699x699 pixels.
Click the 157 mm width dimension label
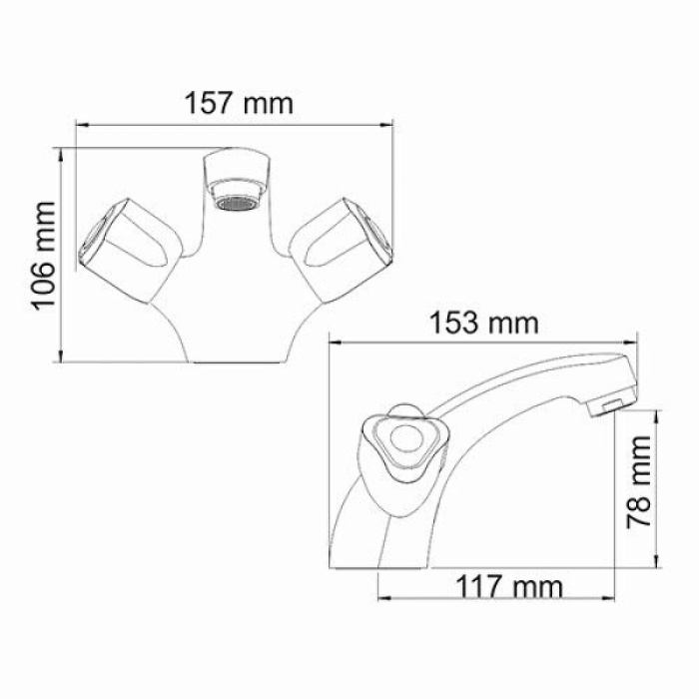tap(239, 101)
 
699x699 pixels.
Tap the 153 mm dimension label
tap(483, 323)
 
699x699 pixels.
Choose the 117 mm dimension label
tap(509, 584)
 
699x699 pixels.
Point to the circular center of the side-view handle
tap(405, 438)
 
